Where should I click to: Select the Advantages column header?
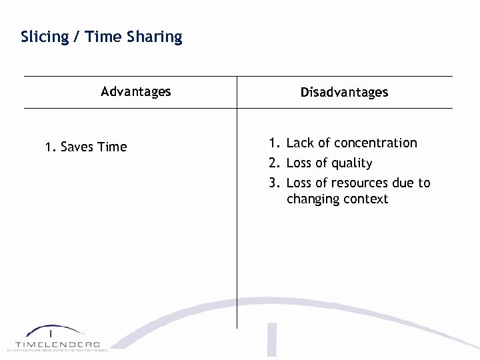tap(136, 91)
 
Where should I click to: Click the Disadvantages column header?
tap(344, 92)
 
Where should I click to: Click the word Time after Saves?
tap(111, 147)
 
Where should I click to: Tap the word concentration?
tap(375, 143)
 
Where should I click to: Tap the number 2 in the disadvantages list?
tap(273, 163)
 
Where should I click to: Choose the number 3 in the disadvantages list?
tap(273, 183)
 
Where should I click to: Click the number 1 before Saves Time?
tap(49, 147)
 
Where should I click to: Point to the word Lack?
tap(299, 143)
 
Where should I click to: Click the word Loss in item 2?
tap(299, 163)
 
